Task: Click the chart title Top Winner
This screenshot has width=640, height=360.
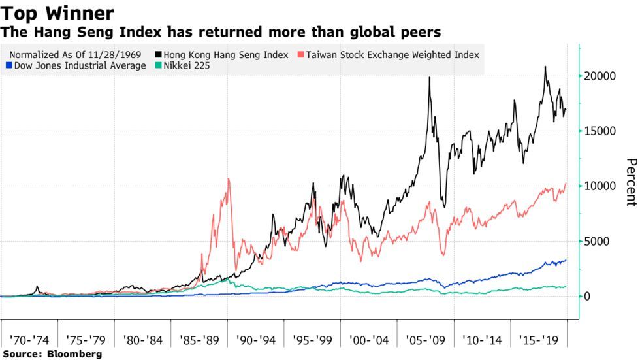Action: click(x=59, y=12)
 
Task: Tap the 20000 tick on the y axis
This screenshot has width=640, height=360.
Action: click(x=601, y=76)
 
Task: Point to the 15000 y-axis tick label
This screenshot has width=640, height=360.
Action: click(x=601, y=131)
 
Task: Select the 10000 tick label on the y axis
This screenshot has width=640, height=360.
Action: click(x=601, y=186)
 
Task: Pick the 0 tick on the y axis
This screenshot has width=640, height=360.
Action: click(x=588, y=297)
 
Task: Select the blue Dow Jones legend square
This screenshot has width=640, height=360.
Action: click(x=8, y=67)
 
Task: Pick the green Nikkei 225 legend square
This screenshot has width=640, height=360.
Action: click(x=157, y=67)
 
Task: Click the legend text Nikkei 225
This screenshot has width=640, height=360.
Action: click(x=187, y=67)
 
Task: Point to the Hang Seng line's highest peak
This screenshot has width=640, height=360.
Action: click(x=545, y=67)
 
